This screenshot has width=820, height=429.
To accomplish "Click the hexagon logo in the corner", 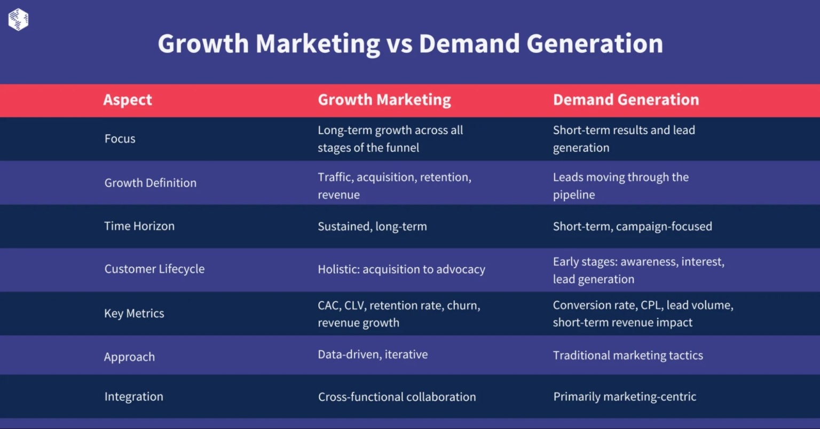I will (x=18, y=20).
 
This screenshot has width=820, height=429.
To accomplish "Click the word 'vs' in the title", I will (x=399, y=44).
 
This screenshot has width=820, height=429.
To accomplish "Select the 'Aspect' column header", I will (x=128, y=100).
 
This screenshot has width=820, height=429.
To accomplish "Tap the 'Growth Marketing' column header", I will (x=384, y=100).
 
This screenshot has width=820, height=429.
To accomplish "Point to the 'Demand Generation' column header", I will (x=626, y=100).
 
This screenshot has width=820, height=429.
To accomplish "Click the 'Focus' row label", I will (x=120, y=139).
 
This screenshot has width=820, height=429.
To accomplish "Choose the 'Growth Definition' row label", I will (x=151, y=183).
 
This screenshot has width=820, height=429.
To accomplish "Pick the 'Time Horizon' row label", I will (x=139, y=226).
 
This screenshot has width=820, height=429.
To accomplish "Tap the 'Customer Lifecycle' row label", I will (x=154, y=269).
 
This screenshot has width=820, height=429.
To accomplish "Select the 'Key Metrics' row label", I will (x=134, y=313).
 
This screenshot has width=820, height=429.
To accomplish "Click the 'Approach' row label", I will (x=129, y=357).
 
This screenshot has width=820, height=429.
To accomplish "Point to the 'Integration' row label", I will (x=134, y=396).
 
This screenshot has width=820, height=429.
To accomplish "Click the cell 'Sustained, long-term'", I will (x=372, y=226).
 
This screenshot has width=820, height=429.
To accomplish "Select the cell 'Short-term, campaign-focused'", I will (x=632, y=226).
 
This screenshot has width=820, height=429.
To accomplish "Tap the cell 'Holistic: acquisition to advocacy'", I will (x=401, y=269).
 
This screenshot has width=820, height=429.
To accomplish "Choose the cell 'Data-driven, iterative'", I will (x=373, y=355).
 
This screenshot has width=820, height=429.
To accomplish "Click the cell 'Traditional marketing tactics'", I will (x=628, y=355).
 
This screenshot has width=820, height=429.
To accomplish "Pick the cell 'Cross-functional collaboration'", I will (x=397, y=397).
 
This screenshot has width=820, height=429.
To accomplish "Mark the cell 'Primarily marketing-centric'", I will (x=625, y=396).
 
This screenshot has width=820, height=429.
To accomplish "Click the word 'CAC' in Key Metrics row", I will (x=328, y=306).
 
